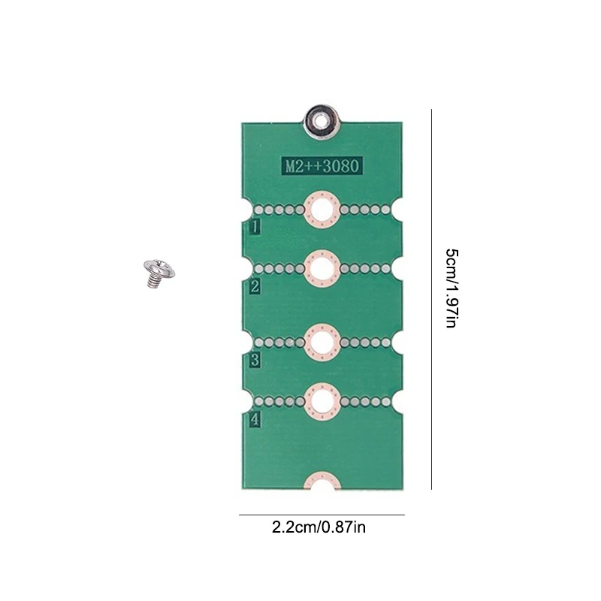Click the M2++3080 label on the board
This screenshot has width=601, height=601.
tap(322, 165)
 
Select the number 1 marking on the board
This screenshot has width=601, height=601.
tap(255, 226)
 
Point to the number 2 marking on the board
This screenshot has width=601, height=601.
tap(255, 285)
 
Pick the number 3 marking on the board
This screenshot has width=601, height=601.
tap(255, 360)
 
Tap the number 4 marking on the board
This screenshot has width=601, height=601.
tap(255, 420)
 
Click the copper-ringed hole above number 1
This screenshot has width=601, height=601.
tap(322, 209)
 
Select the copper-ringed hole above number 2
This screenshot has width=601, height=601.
tap(322, 268)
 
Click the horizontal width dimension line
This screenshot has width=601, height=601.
tap(322, 515)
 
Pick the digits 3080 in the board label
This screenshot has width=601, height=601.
tap(341, 165)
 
